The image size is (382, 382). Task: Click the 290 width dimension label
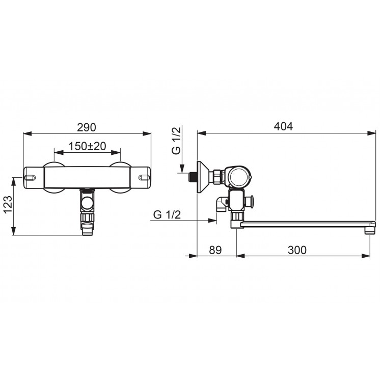click(x=87, y=127)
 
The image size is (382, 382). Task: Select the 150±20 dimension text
click(x=87, y=146)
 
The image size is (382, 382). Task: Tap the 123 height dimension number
click(x=8, y=204)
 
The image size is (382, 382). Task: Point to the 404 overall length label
click(x=283, y=126)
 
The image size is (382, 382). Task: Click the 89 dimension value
click(x=215, y=250)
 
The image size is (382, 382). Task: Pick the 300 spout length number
click(x=297, y=250)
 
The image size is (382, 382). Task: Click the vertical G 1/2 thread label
click(x=176, y=141)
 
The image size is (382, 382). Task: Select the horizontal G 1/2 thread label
click(x=167, y=215)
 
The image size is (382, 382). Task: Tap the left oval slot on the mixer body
click(x=30, y=177)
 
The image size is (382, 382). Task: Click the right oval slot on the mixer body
click(x=144, y=177)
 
